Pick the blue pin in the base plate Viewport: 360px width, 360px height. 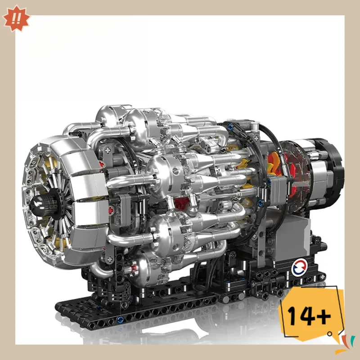tap(120, 320)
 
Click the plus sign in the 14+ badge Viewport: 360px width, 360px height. tap(323, 310)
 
